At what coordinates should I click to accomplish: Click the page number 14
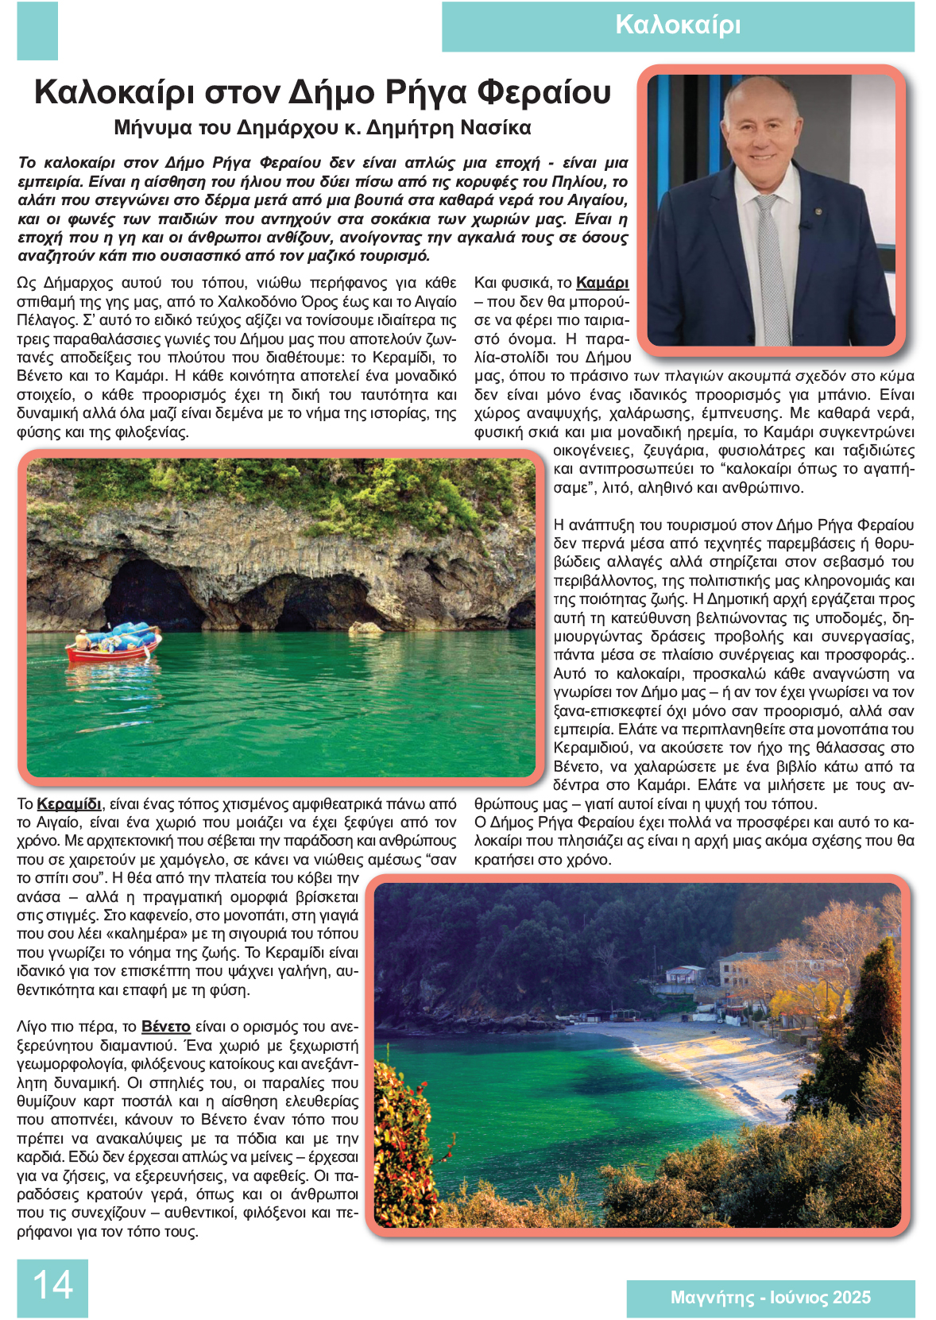pos(52,1285)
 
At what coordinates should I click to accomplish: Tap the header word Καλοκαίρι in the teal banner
pos(678,25)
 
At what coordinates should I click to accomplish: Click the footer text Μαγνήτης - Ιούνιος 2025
pos(770,1298)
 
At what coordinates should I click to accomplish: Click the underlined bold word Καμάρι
pos(601,283)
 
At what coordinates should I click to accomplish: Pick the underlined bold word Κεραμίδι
pos(69,803)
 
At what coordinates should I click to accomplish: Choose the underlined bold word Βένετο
pos(165,1026)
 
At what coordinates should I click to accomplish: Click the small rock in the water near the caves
pos(366,629)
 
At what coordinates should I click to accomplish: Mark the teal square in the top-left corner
pos(37,30)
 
